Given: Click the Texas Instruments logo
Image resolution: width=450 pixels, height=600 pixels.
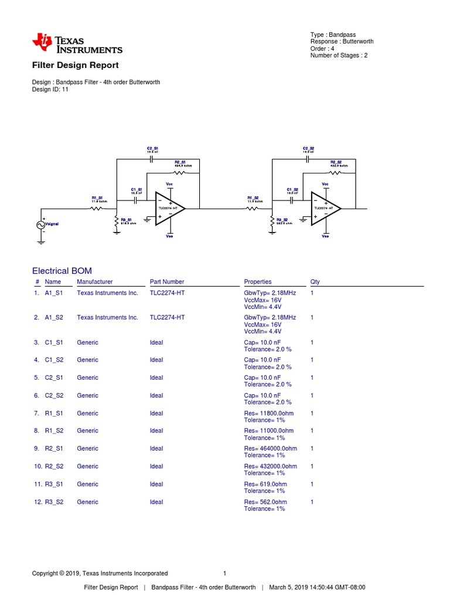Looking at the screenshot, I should pyautogui.click(x=77, y=43).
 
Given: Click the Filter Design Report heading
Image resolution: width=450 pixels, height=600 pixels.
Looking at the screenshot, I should pyautogui.click(x=75, y=65).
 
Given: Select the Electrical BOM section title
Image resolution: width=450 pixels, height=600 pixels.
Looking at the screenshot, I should pyautogui.click(x=62, y=270).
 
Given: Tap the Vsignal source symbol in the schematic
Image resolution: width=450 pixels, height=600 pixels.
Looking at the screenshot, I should pyautogui.click(x=42, y=224).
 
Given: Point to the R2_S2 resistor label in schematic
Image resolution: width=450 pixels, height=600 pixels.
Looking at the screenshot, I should pyautogui.click(x=336, y=162).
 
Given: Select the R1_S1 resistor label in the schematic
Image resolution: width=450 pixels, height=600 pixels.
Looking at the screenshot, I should pyautogui.click(x=97, y=199).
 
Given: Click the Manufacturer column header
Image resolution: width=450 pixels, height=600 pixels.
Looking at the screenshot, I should pyautogui.click(x=94, y=282).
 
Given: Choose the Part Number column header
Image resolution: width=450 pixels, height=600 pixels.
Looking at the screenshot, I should pyautogui.click(x=167, y=282).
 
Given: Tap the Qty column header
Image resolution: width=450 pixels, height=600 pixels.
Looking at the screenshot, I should pyautogui.click(x=315, y=282).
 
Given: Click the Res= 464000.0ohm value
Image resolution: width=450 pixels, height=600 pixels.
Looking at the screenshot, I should pyautogui.click(x=270, y=448).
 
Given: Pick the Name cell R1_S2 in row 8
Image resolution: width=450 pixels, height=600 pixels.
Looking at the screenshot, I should pyautogui.click(x=54, y=431).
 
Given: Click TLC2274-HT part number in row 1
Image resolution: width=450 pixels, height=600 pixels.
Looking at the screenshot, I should pyautogui.click(x=167, y=292).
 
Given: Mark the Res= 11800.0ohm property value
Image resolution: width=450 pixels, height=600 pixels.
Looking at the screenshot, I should pyautogui.click(x=268, y=413).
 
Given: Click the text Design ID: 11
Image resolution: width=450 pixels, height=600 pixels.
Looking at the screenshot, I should pyautogui.click(x=50, y=90).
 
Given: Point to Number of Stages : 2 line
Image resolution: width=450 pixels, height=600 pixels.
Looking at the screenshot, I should pyautogui.click(x=339, y=56).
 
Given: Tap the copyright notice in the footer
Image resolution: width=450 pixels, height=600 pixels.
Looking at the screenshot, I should pyautogui.click(x=100, y=573).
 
